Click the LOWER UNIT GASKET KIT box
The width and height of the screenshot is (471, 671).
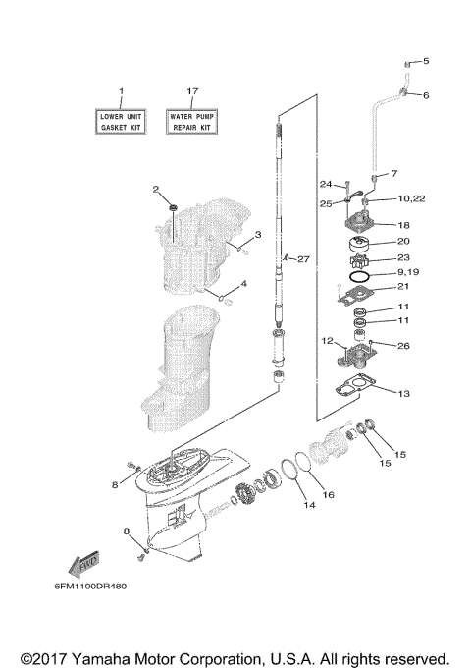pyautogui.click(x=122, y=122)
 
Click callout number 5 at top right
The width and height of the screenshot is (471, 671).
pyautogui.click(x=426, y=62)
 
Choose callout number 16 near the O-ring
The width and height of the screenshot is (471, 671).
pyautogui.click(x=330, y=494)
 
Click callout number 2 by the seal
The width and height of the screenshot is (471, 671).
pyautogui.click(x=156, y=189)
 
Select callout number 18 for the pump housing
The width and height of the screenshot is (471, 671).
pyautogui.click(x=403, y=225)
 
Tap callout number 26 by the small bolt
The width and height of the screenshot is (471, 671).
pyautogui.click(x=403, y=345)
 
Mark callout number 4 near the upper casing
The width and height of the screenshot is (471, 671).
pyautogui.click(x=244, y=284)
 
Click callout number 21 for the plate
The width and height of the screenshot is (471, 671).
pyautogui.click(x=402, y=287)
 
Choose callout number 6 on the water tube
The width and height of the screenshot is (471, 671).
pyautogui.click(x=426, y=95)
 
